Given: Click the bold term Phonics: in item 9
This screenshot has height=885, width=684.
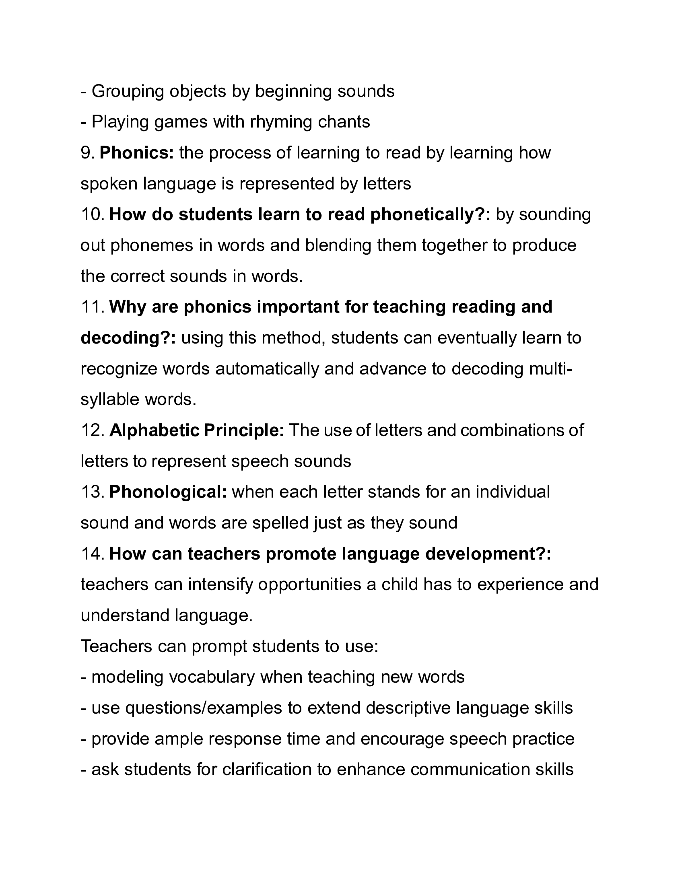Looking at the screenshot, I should pyautogui.click(x=136, y=153).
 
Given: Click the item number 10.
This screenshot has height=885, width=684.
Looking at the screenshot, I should pyautogui.click(x=93, y=215).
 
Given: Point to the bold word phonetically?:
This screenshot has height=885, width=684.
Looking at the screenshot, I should pyautogui.click(x=431, y=215).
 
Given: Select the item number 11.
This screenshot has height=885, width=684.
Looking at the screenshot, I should pyautogui.click(x=93, y=307).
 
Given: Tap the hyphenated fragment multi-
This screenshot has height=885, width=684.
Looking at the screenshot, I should pyautogui.click(x=552, y=369).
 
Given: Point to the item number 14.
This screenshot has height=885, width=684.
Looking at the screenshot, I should pyautogui.click(x=93, y=554).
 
